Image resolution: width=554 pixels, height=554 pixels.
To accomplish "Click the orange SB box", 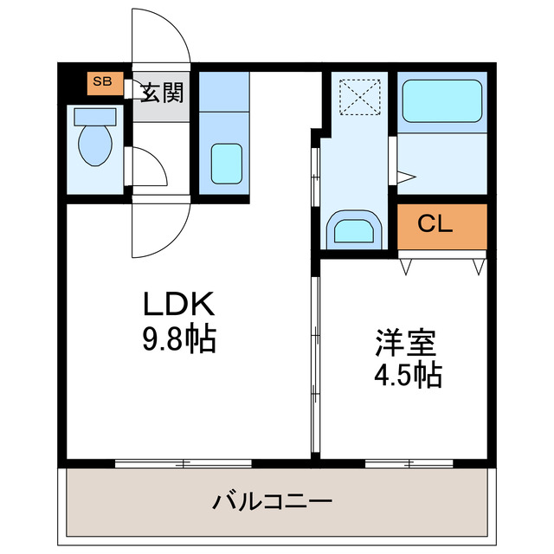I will (x=102, y=82).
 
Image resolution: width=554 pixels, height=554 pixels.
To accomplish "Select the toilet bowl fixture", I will (x=92, y=143).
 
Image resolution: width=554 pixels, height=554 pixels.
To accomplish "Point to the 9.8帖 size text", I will (x=178, y=337).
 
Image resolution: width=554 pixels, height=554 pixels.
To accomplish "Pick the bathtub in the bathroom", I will (x=441, y=102).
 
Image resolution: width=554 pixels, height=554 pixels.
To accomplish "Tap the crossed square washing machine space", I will (x=354, y=95).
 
